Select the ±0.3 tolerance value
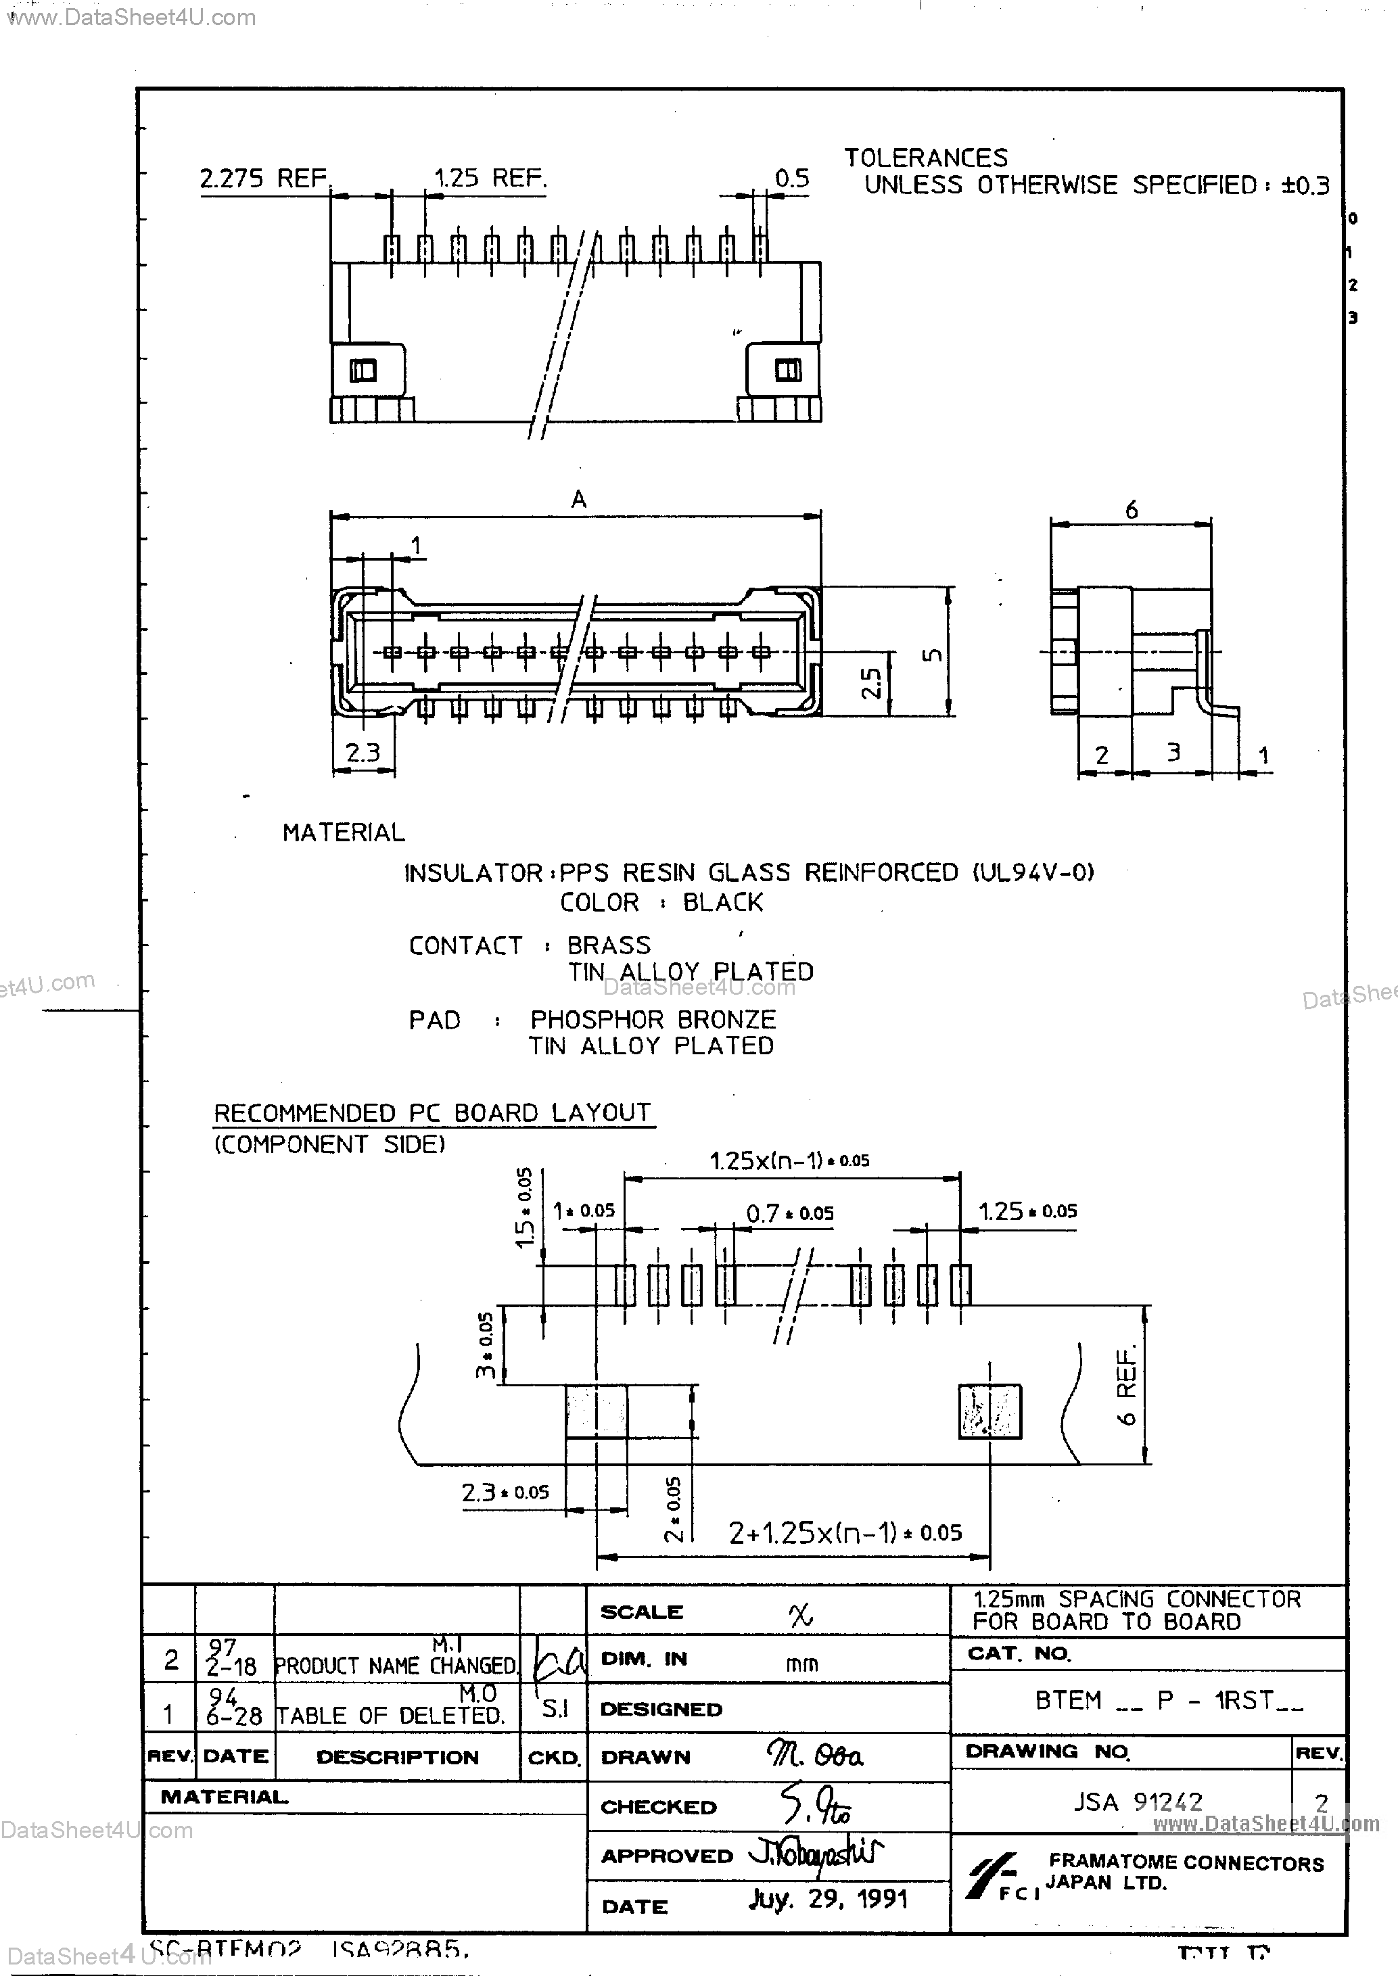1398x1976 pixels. (1305, 185)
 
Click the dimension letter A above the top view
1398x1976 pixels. (578, 499)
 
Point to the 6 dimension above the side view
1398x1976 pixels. (1131, 511)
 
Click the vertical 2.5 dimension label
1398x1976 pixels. (871, 683)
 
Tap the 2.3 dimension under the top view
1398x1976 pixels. (363, 753)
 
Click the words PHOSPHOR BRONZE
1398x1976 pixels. (653, 1020)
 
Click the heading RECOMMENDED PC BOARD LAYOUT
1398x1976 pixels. (432, 1113)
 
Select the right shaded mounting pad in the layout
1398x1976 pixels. (990, 1411)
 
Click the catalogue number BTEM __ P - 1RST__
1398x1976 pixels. (1168, 1701)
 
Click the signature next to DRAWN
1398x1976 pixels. (814, 1756)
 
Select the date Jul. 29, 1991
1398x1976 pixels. (828, 1900)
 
